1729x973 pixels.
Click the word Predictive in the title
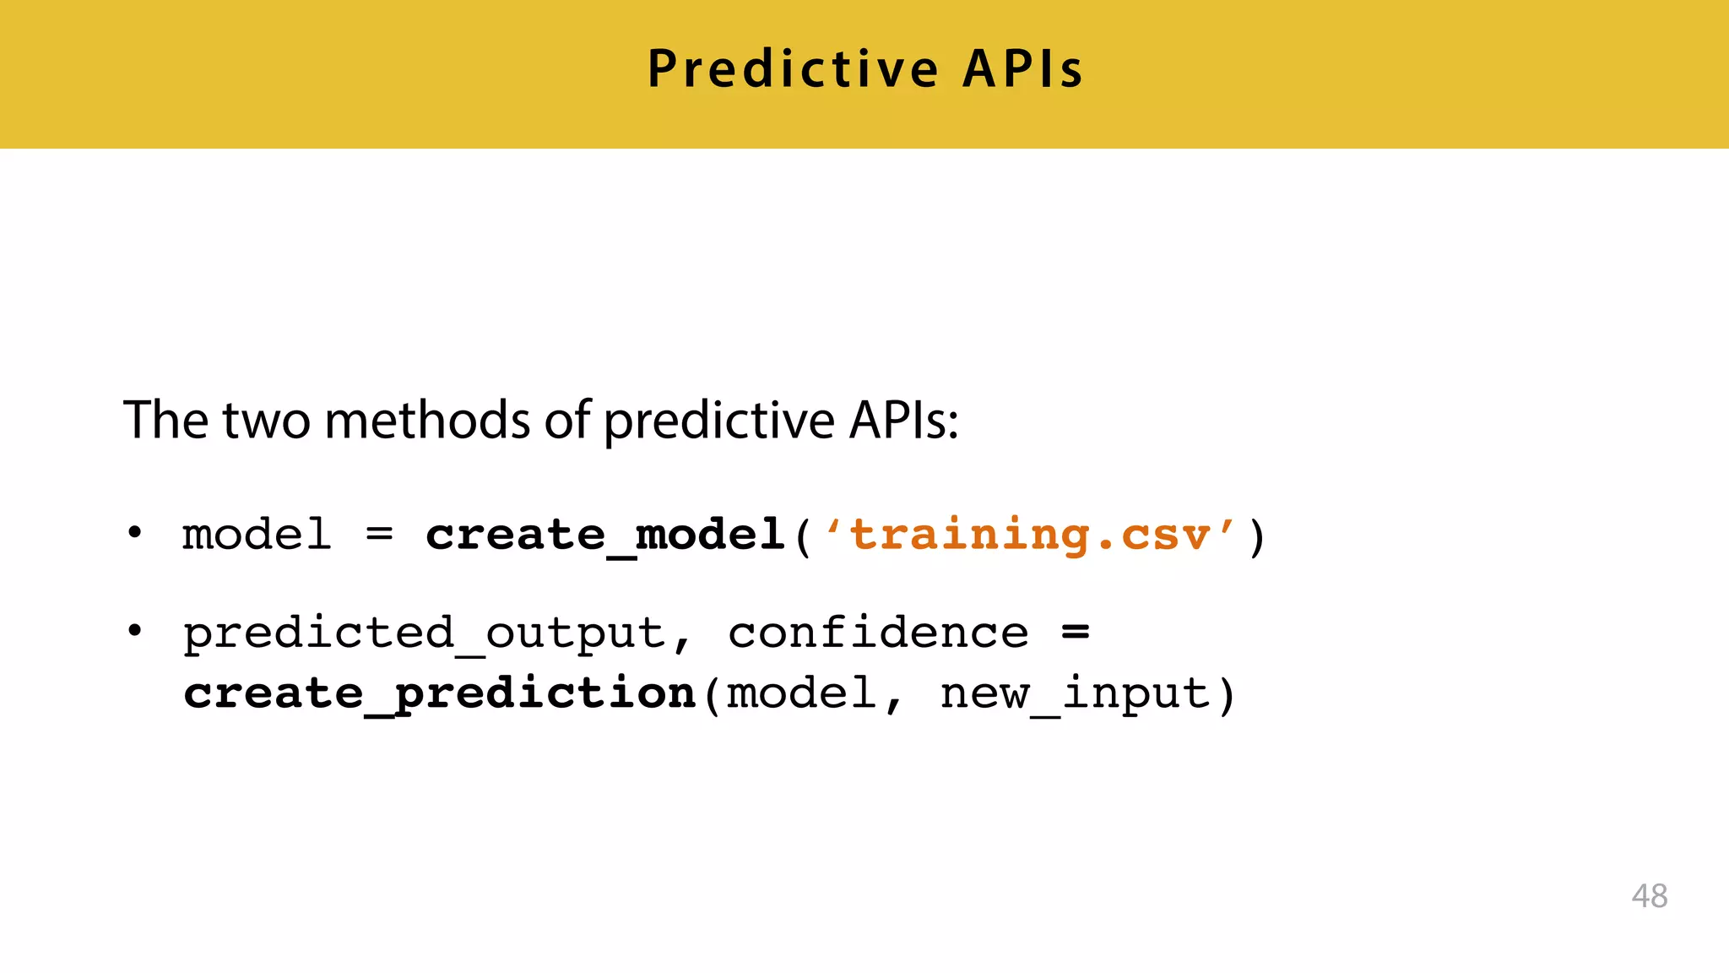[x=792, y=69]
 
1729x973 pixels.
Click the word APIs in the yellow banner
[x=1022, y=69]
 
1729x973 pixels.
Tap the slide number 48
[x=1649, y=896]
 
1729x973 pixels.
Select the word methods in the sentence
[x=427, y=420]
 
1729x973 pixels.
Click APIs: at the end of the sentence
[x=903, y=420]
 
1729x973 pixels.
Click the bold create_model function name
[x=604, y=535]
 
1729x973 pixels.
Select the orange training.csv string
[x=1030, y=535]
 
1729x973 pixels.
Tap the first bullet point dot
[x=134, y=534]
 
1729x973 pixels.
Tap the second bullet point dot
[x=134, y=631]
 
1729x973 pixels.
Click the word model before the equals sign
[x=257, y=535]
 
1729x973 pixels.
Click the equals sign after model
[x=379, y=535]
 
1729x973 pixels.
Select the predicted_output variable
[x=425, y=633]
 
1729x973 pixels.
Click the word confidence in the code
[x=878, y=633]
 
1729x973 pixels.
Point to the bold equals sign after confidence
[x=1075, y=632]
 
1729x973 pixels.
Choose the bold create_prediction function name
[x=439, y=694]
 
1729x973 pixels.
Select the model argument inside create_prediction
[x=801, y=694]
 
